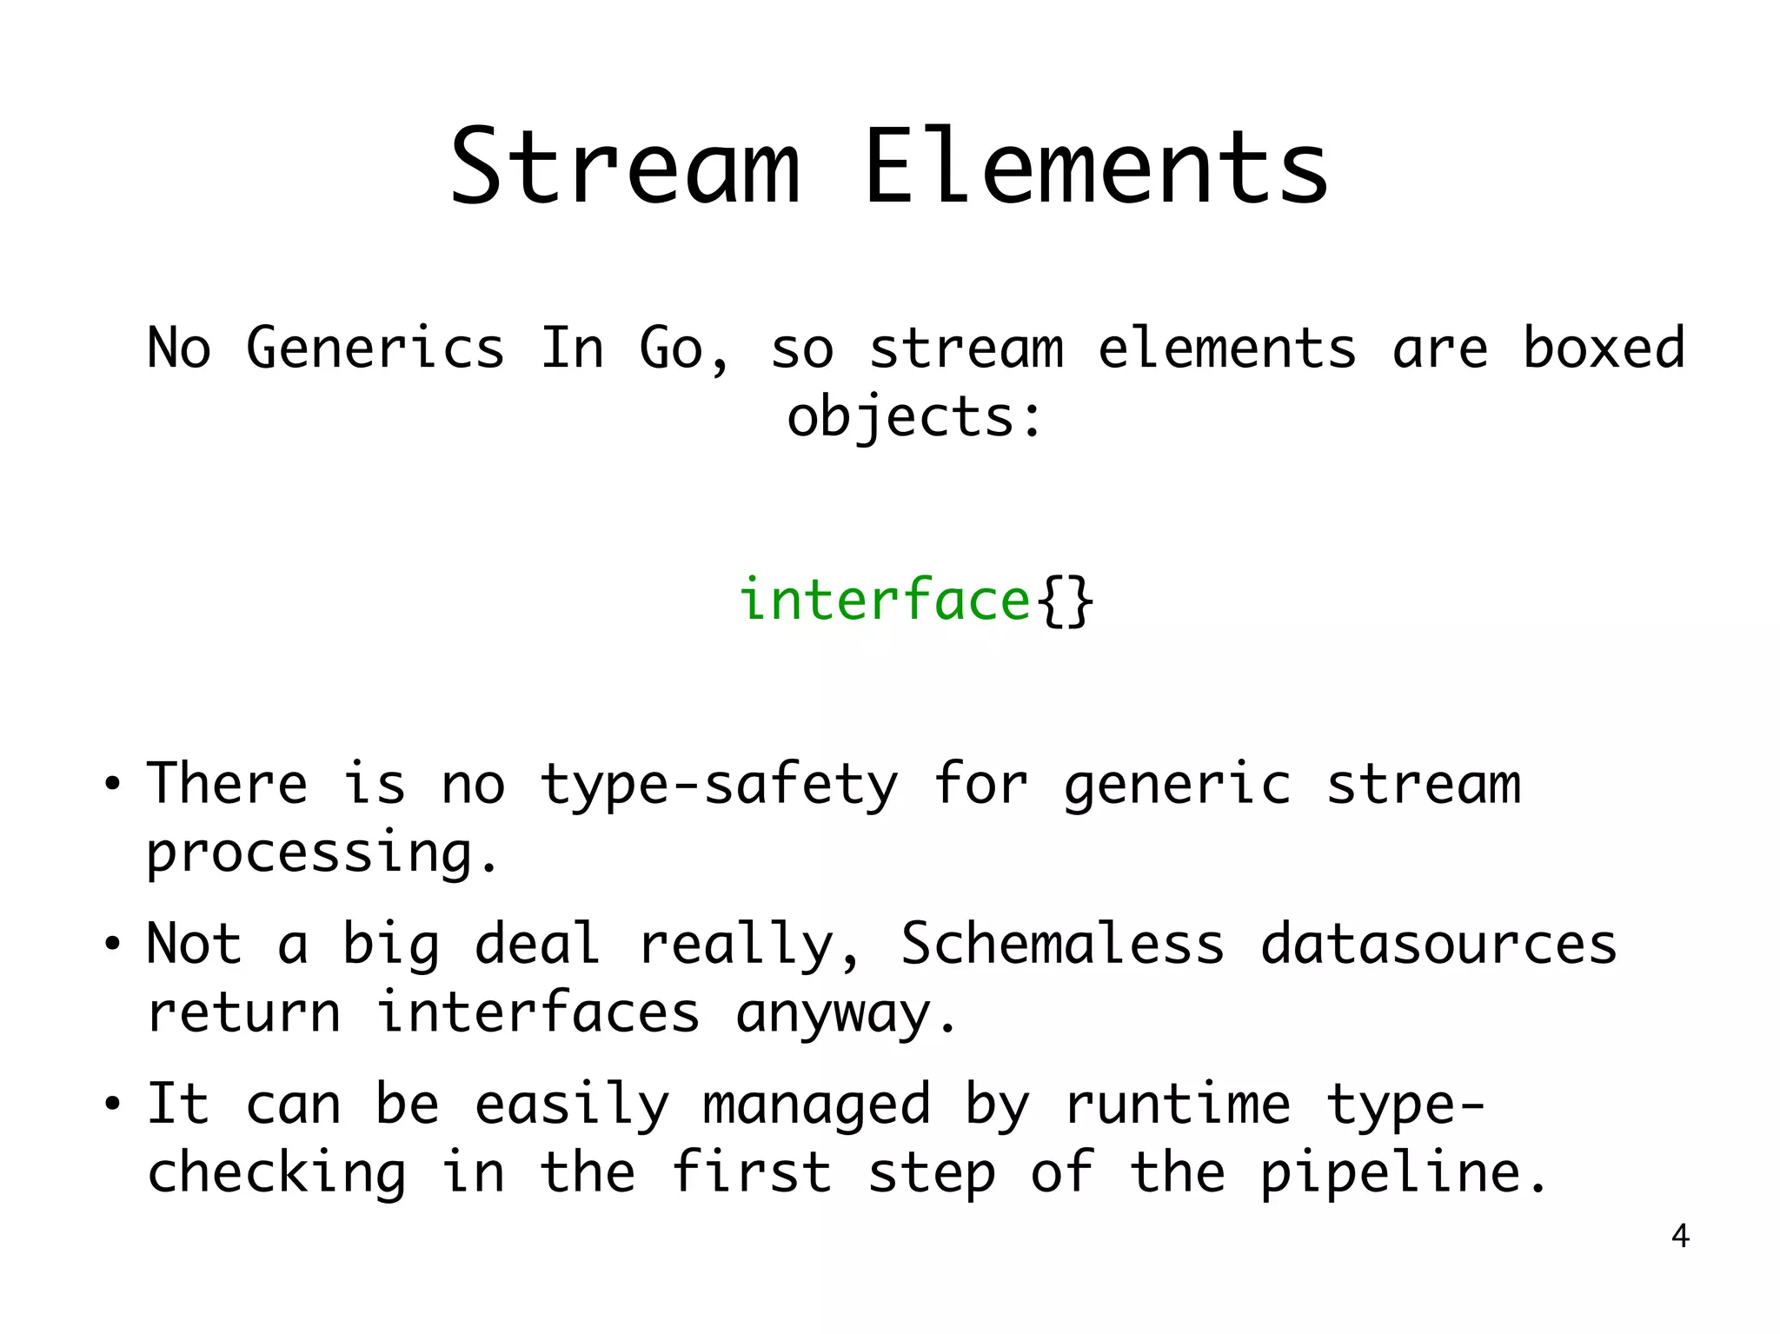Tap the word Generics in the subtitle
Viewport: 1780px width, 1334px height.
point(375,348)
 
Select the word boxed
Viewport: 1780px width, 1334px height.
point(1604,348)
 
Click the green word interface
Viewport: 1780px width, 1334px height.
point(884,600)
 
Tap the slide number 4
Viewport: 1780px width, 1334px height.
point(1680,1236)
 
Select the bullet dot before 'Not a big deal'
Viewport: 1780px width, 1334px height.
point(111,945)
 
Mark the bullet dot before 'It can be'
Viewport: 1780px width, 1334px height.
point(111,1105)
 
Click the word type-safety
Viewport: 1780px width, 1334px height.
point(719,785)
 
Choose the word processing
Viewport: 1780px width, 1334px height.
point(322,853)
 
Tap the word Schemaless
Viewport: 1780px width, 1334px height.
point(1062,944)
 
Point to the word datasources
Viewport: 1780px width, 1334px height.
point(1438,944)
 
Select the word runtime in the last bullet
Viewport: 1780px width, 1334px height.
point(1178,1105)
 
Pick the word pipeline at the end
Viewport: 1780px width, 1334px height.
point(1404,1173)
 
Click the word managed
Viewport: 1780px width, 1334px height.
point(816,1105)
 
